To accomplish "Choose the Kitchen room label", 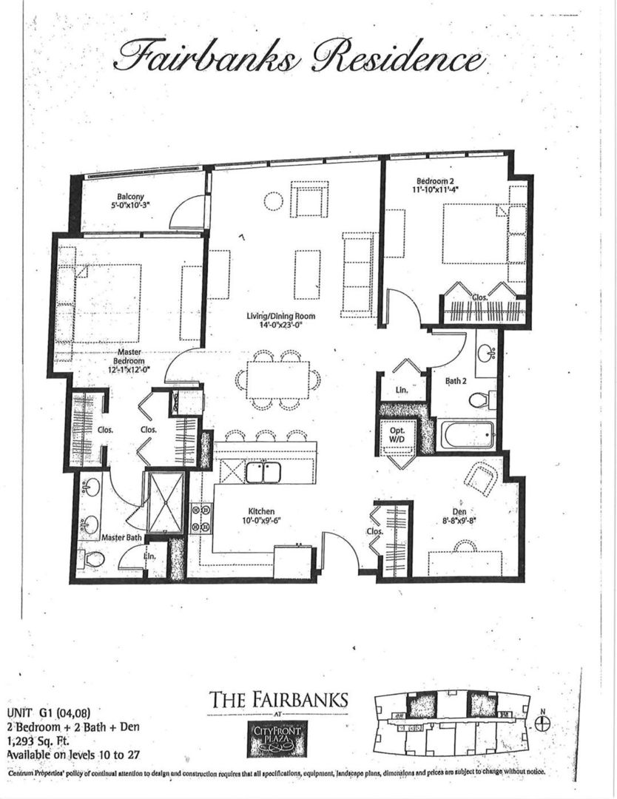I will click(262, 515).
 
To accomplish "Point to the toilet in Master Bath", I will click(93, 559).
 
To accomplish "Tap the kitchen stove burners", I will click(200, 518).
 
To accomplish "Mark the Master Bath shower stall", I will click(164, 502).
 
